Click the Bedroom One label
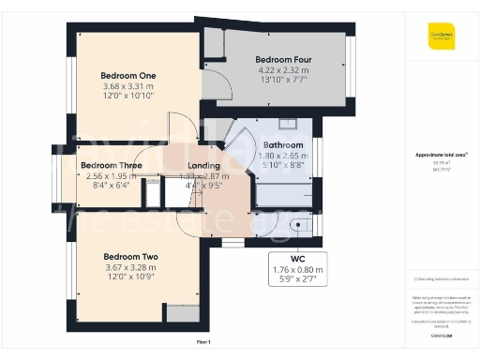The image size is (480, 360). click(x=128, y=75)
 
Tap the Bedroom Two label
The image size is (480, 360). click(x=130, y=257)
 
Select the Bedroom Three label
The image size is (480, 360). click(x=112, y=165)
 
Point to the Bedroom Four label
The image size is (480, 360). click(x=284, y=60)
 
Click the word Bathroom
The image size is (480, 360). click(x=282, y=146)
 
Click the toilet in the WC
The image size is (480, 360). click(x=297, y=225)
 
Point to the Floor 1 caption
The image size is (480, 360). click(x=203, y=342)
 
